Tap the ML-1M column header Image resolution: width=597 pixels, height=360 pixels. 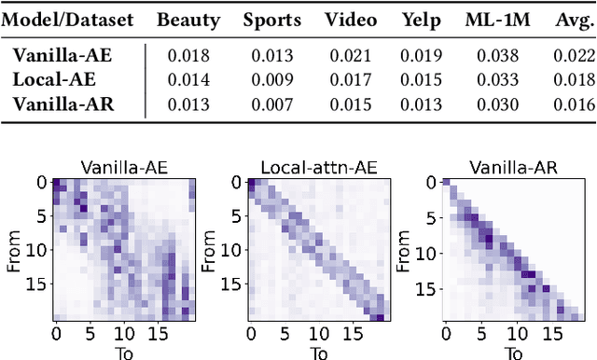point(493,19)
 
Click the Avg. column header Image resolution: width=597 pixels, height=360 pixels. point(570,19)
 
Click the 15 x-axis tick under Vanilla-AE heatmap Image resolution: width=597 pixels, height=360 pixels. point(156,333)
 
